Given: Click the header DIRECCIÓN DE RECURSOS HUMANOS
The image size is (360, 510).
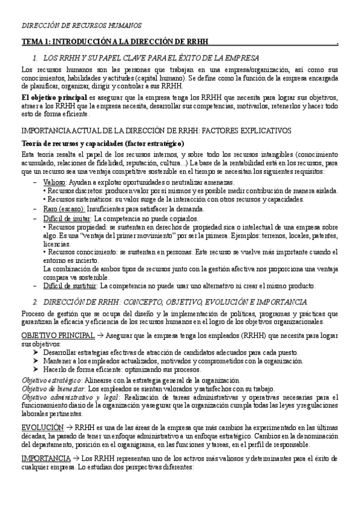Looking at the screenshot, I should (x=82, y=26).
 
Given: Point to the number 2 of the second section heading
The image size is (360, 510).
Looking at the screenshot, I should (x=35, y=301).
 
